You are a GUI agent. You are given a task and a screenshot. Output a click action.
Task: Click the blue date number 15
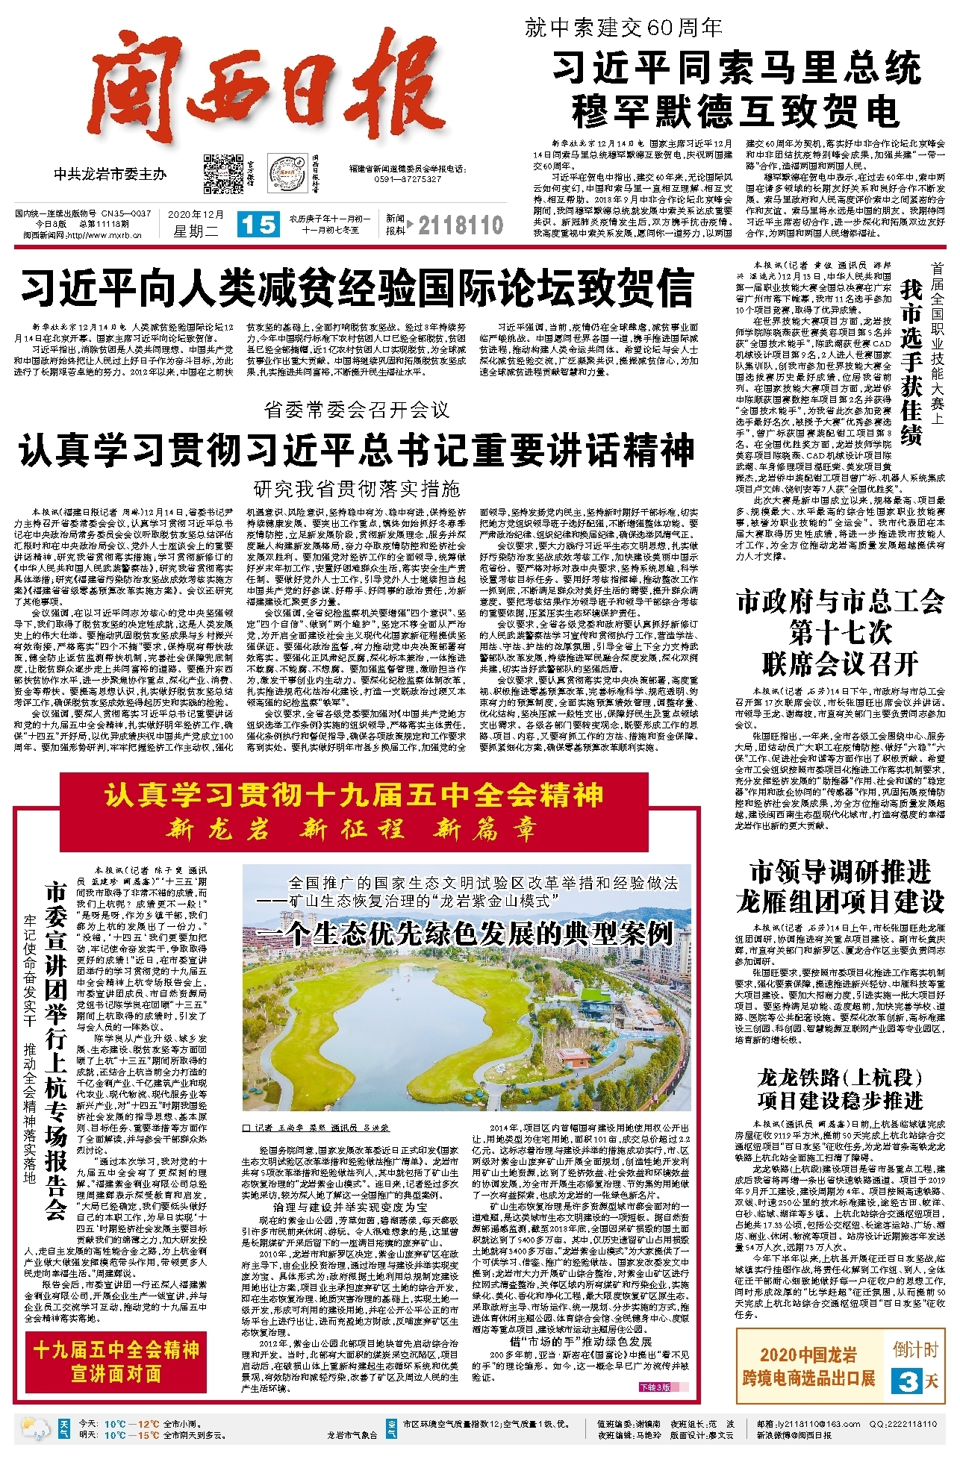pos(258,225)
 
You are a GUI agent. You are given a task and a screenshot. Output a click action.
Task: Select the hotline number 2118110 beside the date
pos(461,225)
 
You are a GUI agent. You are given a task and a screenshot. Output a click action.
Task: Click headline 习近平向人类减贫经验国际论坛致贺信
pos(357,288)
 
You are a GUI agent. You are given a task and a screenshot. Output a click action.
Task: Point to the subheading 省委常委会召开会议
pos(357,409)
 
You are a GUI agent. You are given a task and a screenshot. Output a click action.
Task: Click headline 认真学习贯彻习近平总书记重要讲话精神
pos(357,450)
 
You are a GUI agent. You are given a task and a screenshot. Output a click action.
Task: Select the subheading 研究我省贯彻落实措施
pos(357,489)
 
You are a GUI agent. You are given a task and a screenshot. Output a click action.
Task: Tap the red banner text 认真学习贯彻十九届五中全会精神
pos(353,794)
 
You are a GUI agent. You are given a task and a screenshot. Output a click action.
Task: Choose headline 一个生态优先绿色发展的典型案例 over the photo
pos(464,933)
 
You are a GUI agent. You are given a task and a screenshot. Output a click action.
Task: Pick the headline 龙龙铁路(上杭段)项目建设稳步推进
pos(841,1089)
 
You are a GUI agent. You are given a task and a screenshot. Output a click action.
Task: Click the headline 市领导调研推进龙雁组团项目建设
pos(841,887)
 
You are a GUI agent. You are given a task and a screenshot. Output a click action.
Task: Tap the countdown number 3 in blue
pos(908,1381)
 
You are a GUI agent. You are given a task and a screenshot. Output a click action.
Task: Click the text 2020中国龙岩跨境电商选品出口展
pos(808,1366)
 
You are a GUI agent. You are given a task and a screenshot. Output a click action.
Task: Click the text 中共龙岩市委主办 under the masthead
pos(110,174)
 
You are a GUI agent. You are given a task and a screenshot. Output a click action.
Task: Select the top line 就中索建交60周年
pos(623,28)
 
